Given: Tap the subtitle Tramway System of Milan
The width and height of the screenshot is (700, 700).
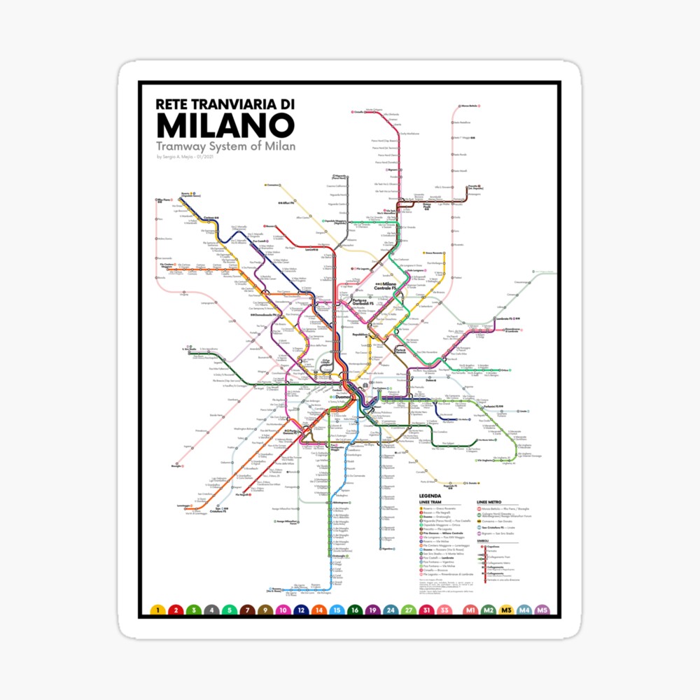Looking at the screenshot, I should (x=226, y=146).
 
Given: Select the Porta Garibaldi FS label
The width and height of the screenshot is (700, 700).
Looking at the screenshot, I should (x=356, y=302).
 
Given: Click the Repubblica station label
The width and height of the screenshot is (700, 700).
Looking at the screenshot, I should (x=360, y=335).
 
